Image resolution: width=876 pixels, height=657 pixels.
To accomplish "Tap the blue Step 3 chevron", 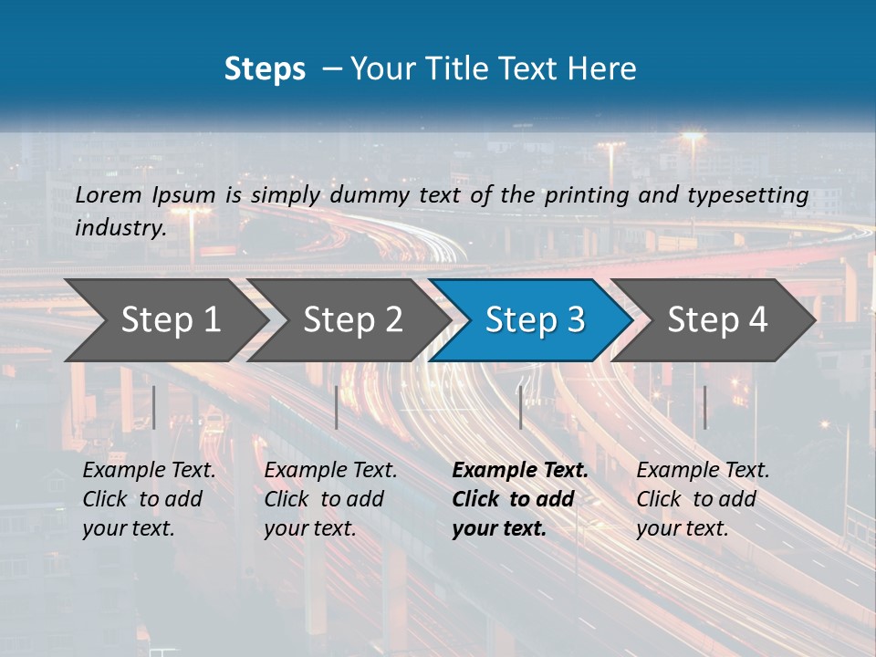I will (535, 320).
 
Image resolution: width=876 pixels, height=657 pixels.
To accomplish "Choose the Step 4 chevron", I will (717, 320).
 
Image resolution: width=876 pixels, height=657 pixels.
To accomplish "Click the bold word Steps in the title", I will (265, 69).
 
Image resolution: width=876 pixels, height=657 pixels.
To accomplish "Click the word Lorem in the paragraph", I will (107, 194).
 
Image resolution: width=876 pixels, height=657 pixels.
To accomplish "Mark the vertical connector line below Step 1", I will (154, 407).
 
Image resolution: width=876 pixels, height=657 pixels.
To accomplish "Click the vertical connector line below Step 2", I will (337, 407).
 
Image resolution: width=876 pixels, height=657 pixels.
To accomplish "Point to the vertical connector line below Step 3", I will (521, 407).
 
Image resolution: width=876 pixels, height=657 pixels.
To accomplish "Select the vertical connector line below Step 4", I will (704, 407).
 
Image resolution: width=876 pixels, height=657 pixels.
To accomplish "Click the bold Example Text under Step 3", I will (520, 470).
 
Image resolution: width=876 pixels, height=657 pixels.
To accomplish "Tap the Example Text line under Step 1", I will (149, 470).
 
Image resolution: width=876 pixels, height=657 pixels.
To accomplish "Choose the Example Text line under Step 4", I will (703, 470).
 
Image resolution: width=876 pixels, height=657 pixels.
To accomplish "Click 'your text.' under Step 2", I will (309, 528).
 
